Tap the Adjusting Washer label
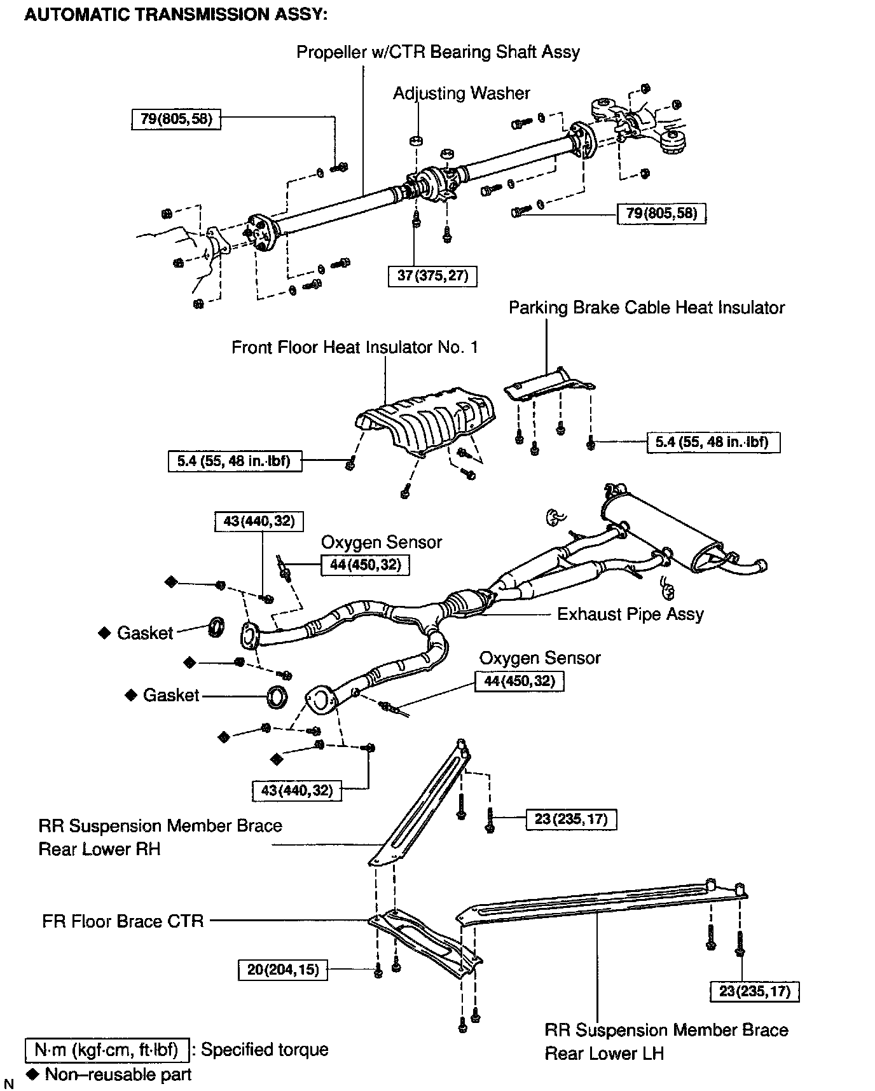coord(461,93)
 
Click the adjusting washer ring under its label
coord(417,140)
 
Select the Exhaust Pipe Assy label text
coord(630,614)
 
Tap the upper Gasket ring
coord(216,627)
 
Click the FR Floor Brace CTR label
coord(123,921)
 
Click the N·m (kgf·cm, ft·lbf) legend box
coord(107,1050)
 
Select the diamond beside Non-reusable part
coord(33,1074)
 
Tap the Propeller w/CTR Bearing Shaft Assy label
coord(438,52)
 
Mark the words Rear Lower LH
coord(603,1053)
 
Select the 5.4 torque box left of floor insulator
coord(235,460)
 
